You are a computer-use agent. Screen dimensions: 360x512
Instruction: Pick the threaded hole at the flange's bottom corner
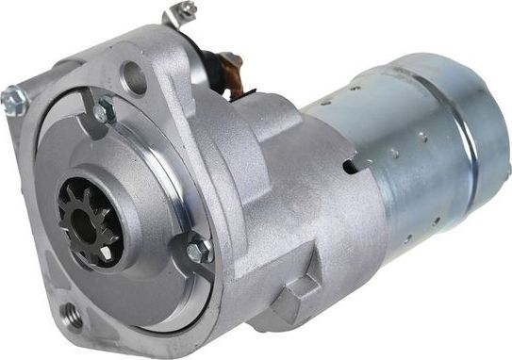(x=69, y=312)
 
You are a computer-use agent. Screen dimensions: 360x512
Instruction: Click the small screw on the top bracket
(x=186, y=10)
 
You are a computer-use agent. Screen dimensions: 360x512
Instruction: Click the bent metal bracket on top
(x=176, y=17)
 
